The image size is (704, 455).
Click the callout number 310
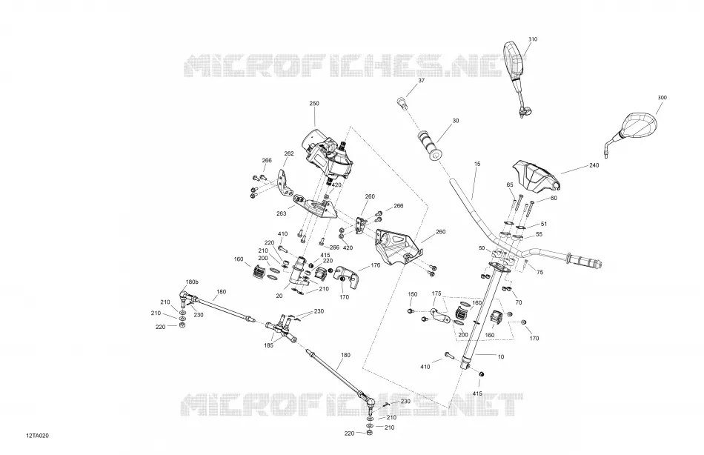tap(533, 39)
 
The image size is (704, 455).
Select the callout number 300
tap(662, 98)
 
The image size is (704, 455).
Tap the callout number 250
tap(314, 104)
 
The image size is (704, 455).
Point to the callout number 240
tap(594, 166)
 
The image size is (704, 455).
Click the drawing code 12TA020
tap(38, 436)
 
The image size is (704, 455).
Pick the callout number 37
tap(421, 81)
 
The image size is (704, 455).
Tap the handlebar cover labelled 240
tap(536, 175)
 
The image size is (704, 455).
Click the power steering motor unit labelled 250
tap(327, 154)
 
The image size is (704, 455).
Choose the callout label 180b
tap(192, 282)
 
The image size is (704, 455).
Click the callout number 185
tap(269, 346)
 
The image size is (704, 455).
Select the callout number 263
tap(282, 214)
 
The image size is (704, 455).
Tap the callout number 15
tap(477, 165)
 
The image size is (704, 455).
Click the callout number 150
tap(413, 295)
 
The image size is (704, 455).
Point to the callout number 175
tap(436, 293)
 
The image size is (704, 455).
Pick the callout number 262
tap(289, 153)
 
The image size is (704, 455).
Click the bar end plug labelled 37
tap(402, 103)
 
